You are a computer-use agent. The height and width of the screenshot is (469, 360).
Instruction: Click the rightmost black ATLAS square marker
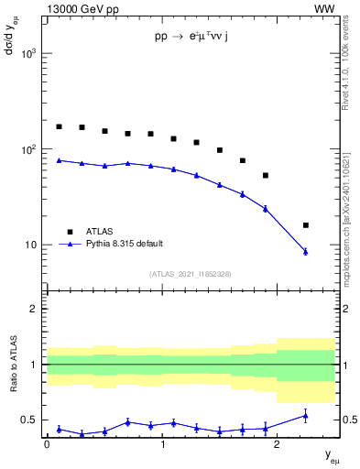click(x=306, y=225)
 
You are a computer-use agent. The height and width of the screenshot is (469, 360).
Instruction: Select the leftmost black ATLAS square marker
click(x=59, y=126)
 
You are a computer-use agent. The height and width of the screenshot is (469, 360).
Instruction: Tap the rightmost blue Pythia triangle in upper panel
click(x=306, y=251)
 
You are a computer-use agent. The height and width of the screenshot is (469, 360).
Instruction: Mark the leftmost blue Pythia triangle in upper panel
click(x=59, y=160)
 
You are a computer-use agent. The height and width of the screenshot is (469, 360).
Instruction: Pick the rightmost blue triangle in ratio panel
click(x=306, y=416)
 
